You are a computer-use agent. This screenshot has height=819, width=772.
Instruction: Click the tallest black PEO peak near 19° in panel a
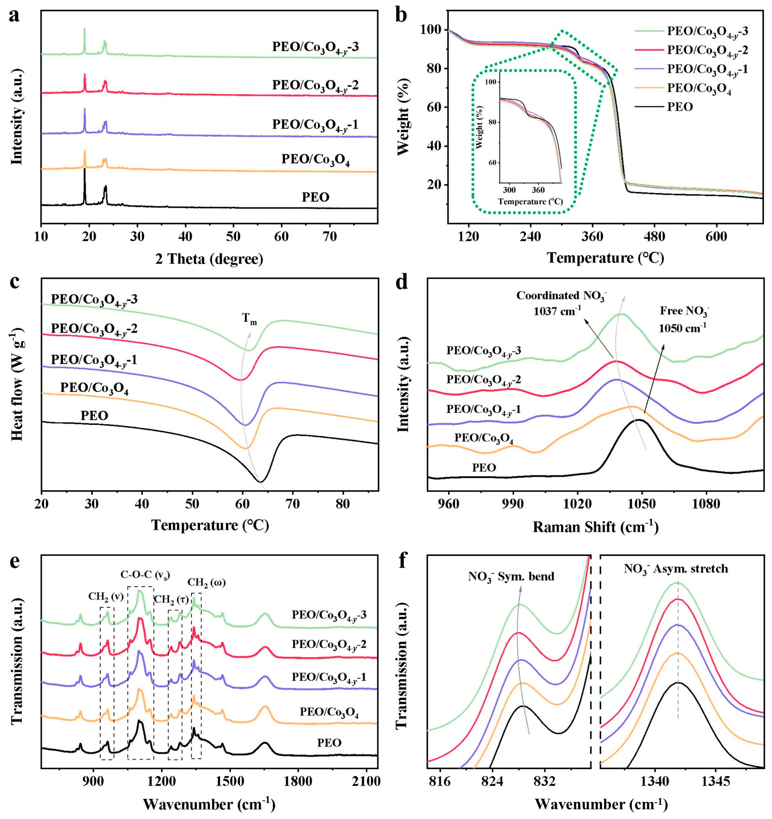click(84, 169)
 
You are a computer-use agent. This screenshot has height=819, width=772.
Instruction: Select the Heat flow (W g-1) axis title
click(17, 383)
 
